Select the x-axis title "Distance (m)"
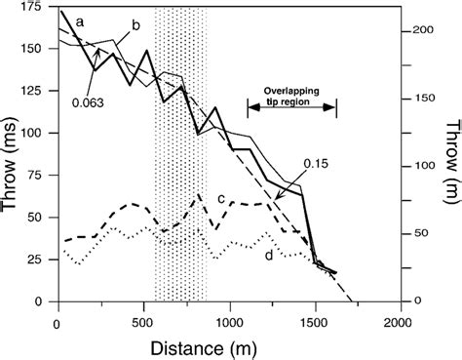(x=228, y=346)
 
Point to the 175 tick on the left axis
(x=36, y=9)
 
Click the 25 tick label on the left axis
(x=40, y=260)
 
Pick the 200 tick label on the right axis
(x=421, y=32)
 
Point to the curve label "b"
(x=135, y=23)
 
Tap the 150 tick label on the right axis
(x=421, y=100)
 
